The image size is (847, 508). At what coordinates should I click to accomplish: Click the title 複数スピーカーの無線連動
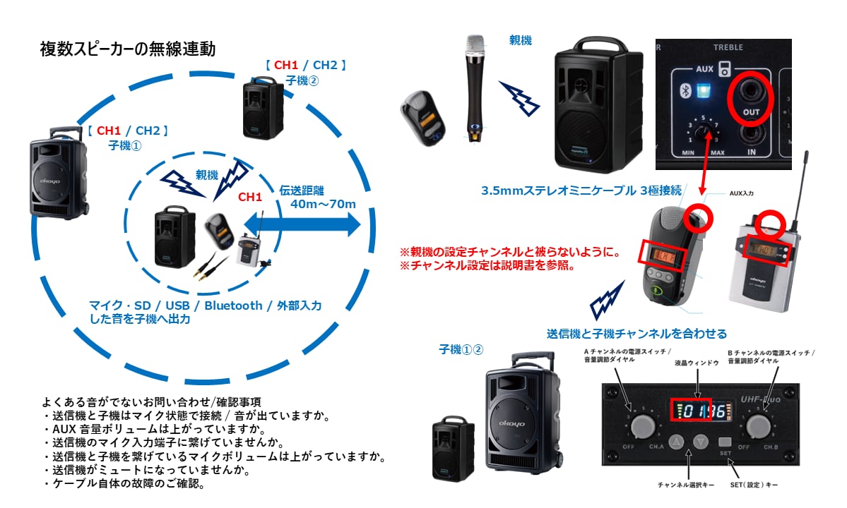click(128, 49)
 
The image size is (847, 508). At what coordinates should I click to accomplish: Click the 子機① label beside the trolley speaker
click(126, 145)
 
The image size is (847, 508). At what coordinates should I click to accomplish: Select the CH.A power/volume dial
click(642, 426)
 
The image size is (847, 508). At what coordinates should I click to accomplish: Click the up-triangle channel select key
click(676, 442)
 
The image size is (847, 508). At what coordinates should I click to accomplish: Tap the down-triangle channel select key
click(700, 442)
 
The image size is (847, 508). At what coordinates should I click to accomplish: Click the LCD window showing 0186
click(698, 412)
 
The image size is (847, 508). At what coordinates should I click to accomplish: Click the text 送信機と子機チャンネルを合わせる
click(636, 333)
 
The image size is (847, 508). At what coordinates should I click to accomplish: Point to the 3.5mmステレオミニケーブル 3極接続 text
click(581, 190)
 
